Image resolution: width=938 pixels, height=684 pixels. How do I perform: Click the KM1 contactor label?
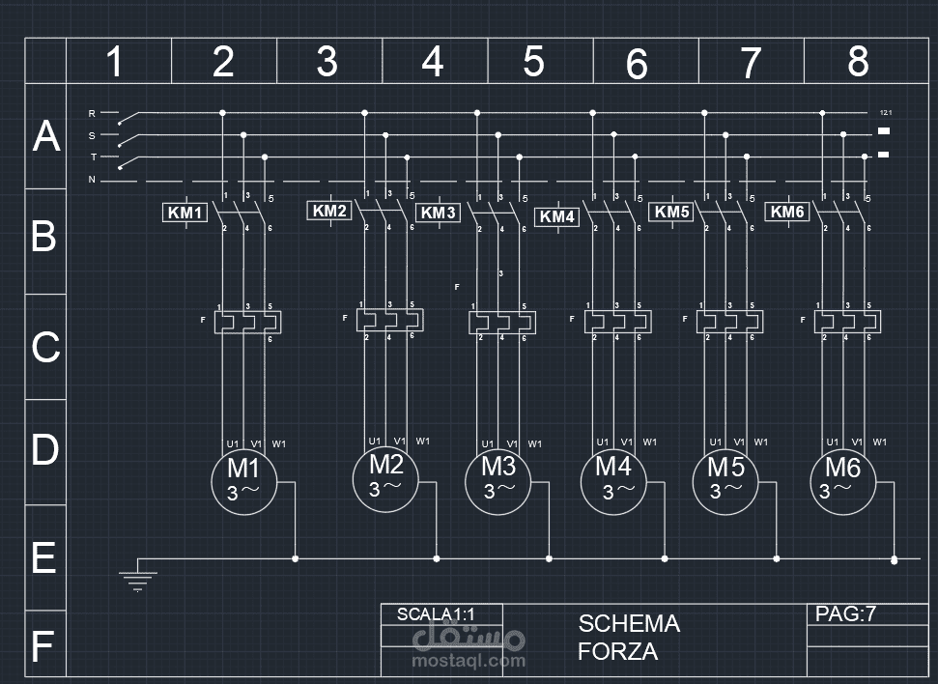coord(184,213)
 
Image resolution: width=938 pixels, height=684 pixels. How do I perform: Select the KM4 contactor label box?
coord(557,217)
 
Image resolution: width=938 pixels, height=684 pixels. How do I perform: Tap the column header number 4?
coord(433,62)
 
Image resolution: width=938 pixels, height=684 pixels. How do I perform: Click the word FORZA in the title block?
coord(617,652)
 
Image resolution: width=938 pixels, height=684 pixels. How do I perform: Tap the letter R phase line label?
coord(92,114)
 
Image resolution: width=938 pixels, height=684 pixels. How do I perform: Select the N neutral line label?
coord(92,180)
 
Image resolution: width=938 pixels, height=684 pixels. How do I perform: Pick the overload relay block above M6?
coord(847,321)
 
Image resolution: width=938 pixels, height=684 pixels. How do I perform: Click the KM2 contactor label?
coord(329,211)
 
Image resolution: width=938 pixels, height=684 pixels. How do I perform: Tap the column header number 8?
coord(858,62)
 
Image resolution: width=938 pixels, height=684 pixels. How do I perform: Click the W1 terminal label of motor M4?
coord(650,442)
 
